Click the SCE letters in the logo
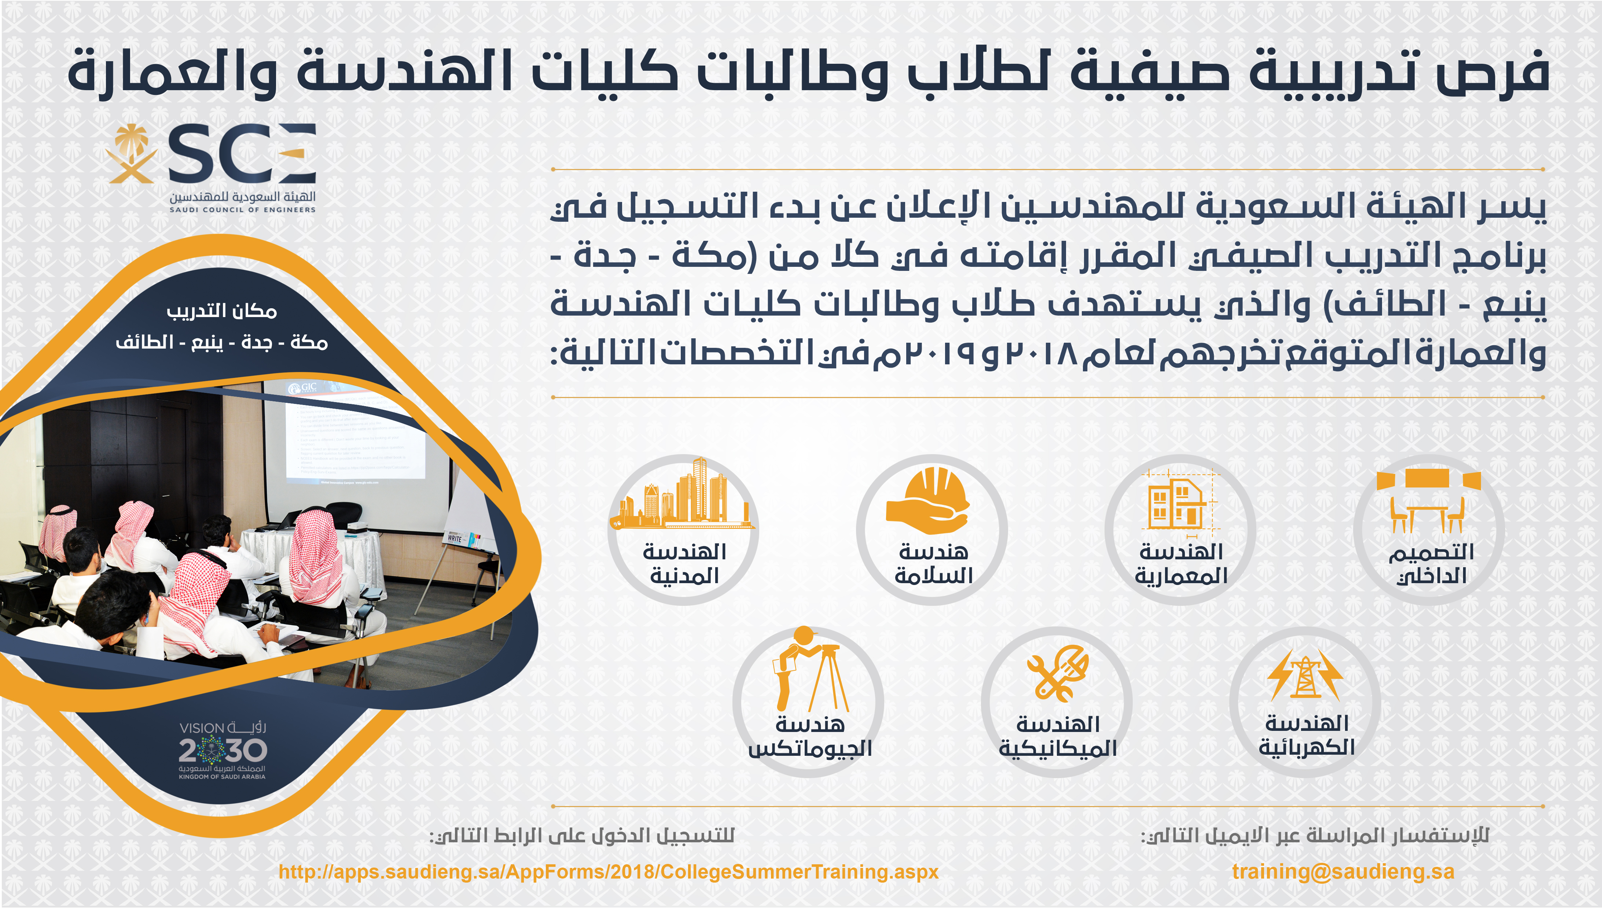[x=242, y=154]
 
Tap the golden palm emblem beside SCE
[x=131, y=154]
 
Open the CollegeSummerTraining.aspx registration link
[x=609, y=872]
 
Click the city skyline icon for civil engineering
[x=682, y=494]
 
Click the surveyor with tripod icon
[x=811, y=669]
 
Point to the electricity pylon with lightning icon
[x=1305, y=674]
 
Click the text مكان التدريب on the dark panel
[x=222, y=311]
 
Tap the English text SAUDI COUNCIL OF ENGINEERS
[x=242, y=210]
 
